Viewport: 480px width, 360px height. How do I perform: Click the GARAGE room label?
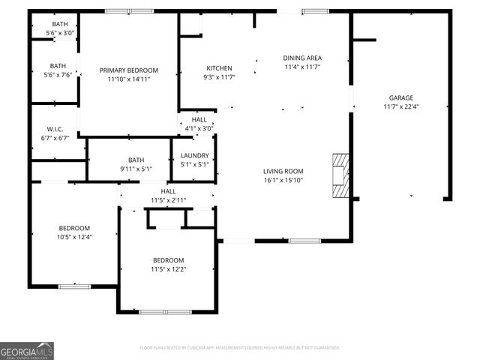(400, 97)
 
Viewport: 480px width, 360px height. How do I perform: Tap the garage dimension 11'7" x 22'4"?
(400, 107)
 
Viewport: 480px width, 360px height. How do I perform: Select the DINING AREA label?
(302, 58)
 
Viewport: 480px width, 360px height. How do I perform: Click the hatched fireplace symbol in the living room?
(341, 175)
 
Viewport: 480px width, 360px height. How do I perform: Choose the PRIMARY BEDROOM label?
(129, 70)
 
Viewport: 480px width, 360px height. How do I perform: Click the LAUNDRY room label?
(194, 155)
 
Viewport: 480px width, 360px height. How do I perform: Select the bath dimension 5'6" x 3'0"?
(59, 34)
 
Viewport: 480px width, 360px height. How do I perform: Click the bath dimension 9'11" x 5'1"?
(136, 169)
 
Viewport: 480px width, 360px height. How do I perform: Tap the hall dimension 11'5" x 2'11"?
(168, 200)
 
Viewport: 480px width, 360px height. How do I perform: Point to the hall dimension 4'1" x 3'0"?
(199, 128)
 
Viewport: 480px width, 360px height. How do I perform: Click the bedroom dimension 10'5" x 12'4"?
(74, 238)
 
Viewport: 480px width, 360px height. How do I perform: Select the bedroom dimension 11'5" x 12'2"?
(168, 269)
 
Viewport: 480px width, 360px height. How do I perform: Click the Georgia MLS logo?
(27, 350)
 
